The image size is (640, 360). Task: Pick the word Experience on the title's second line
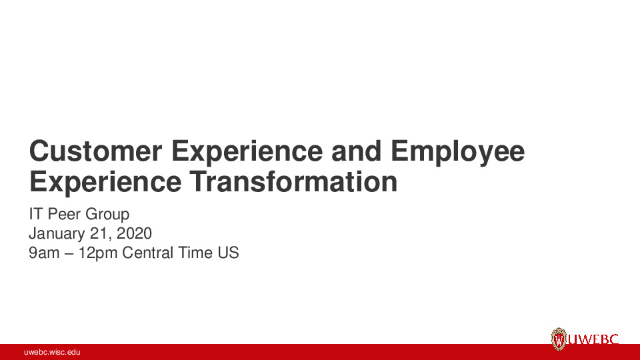click(104, 181)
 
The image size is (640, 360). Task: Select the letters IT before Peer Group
click(36, 215)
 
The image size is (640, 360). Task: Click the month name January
click(57, 234)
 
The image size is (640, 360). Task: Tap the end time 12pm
click(99, 253)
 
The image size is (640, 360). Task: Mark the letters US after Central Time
click(229, 253)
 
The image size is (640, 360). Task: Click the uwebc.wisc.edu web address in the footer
click(52, 352)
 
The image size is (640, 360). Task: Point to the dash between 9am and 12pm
click(69, 254)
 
